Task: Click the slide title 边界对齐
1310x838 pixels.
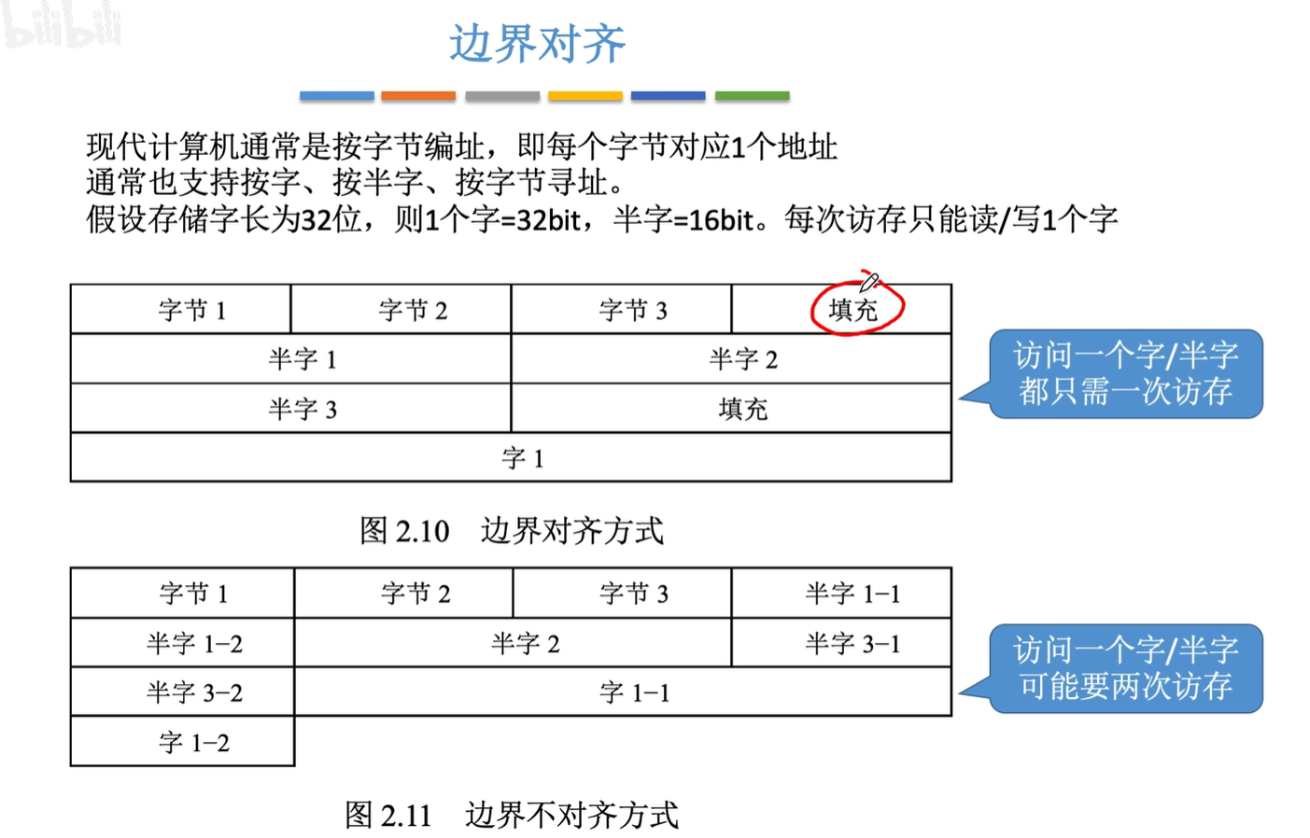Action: [x=537, y=44]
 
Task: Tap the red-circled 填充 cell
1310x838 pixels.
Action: [x=854, y=310]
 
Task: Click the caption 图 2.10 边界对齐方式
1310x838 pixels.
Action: [x=512, y=531]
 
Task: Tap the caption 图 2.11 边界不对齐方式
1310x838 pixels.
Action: [x=512, y=815]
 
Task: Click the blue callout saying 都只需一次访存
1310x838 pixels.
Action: [x=1125, y=373]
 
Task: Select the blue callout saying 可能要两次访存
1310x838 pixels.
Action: [x=1125, y=668]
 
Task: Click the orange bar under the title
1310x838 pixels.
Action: [x=418, y=96]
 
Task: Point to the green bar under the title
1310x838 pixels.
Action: [x=752, y=96]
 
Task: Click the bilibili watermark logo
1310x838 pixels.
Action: [x=62, y=25]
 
